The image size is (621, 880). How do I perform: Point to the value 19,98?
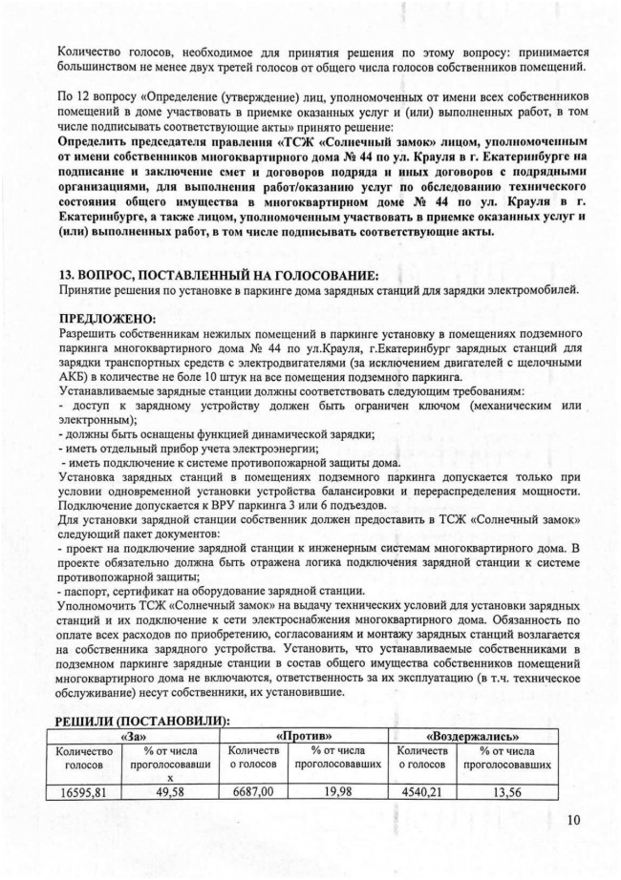[339, 791]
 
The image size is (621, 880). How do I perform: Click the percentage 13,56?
[516, 791]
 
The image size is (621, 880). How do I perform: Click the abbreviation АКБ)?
[76, 376]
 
